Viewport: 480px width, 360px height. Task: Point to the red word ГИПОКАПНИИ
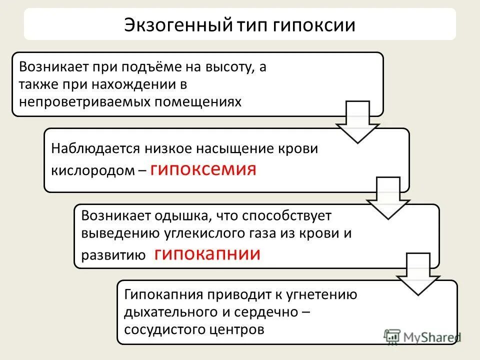tap(207, 254)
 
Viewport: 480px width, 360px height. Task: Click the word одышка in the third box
tap(186, 216)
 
